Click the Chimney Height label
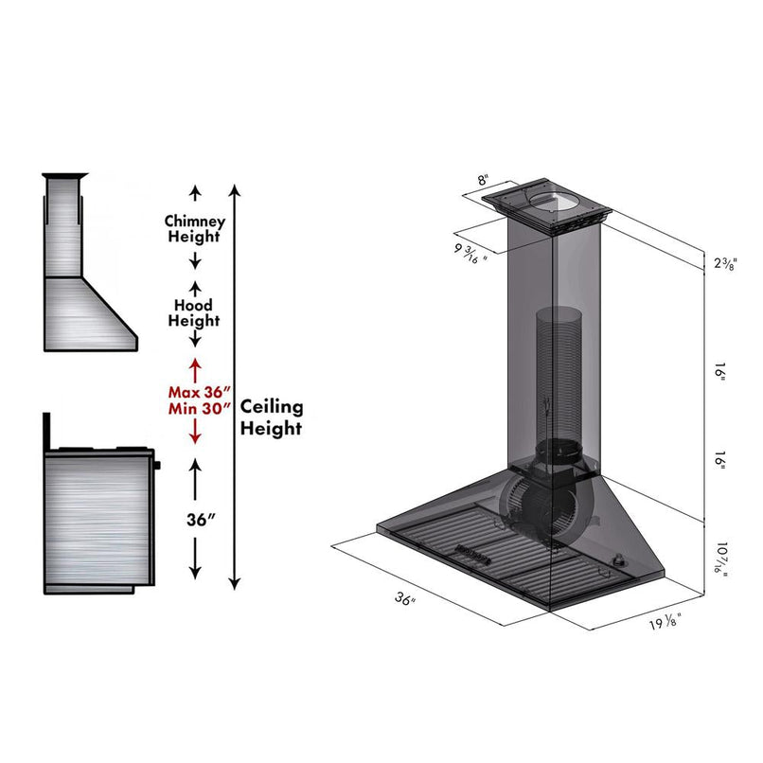coord(195,228)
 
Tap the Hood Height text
coord(195,313)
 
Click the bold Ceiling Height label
coord(271,417)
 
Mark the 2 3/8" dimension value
coord(725,263)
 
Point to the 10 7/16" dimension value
coord(723,559)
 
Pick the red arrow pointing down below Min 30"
coord(195,433)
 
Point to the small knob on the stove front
coord(157,465)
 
